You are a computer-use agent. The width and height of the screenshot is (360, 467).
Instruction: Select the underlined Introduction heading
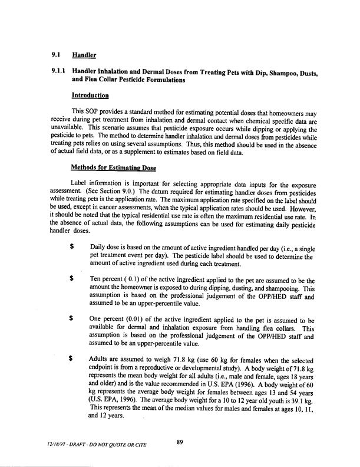pos(93,95)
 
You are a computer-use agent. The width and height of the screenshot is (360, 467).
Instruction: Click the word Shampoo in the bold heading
pos(272,73)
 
